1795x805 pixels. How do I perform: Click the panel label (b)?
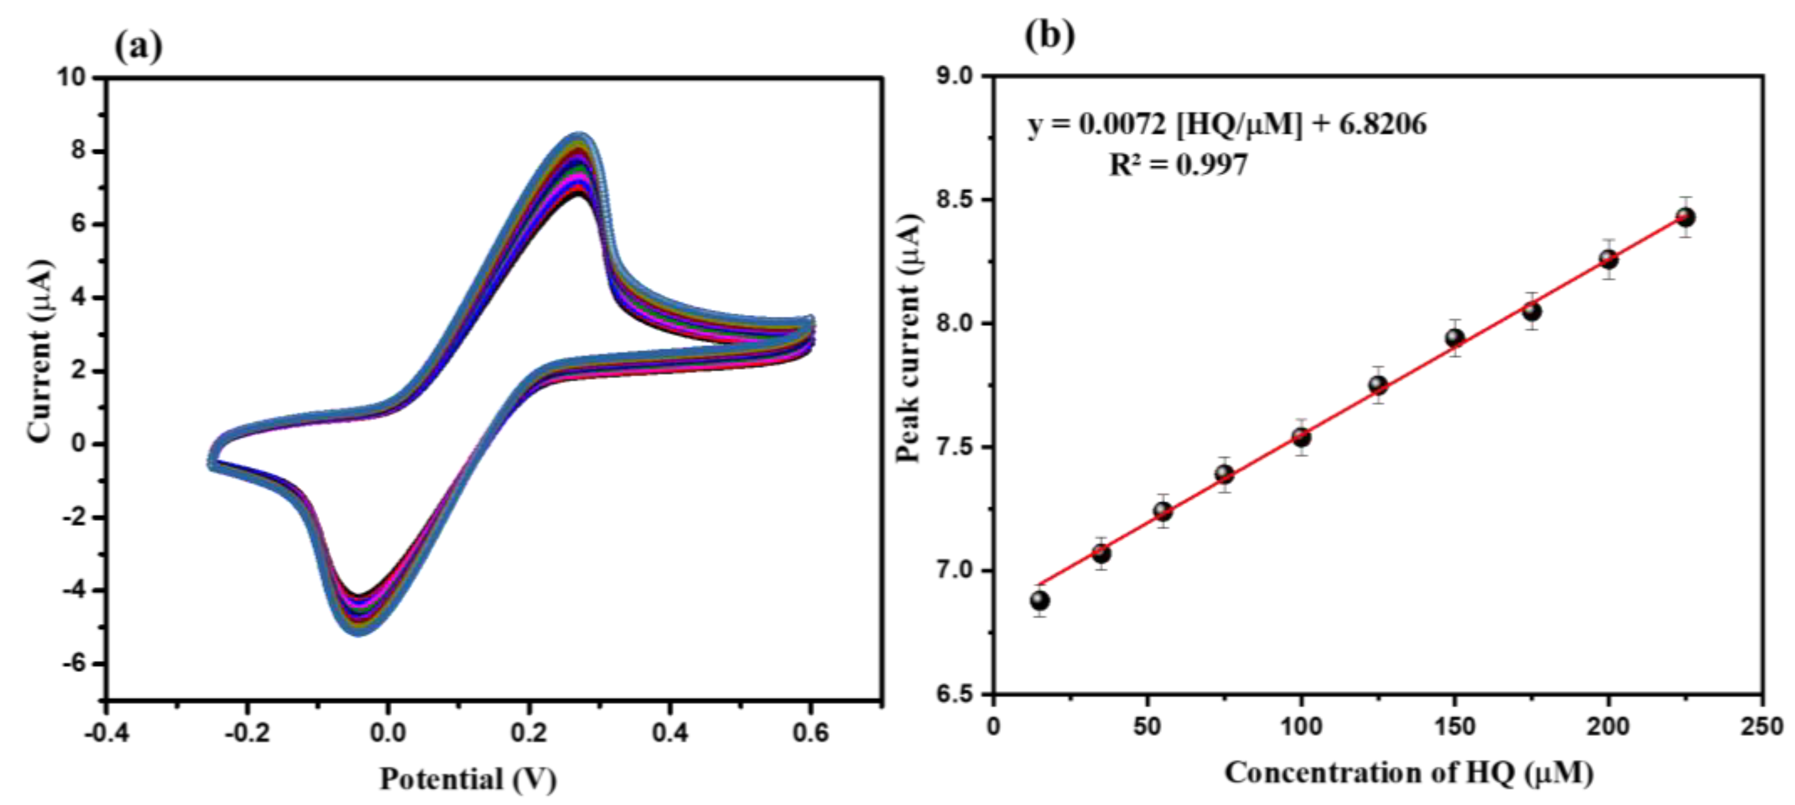[x=1050, y=35]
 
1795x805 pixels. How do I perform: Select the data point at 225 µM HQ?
[x=1685, y=217]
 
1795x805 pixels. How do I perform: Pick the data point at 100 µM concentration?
[x=1301, y=437]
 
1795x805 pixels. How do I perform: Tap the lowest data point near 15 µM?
[x=1039, y=600]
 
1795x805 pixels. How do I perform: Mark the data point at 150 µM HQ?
[x=1454, y=338]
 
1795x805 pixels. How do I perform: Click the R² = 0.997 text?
[x=1177, y=165]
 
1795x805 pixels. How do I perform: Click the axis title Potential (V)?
[x=468, y=779]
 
